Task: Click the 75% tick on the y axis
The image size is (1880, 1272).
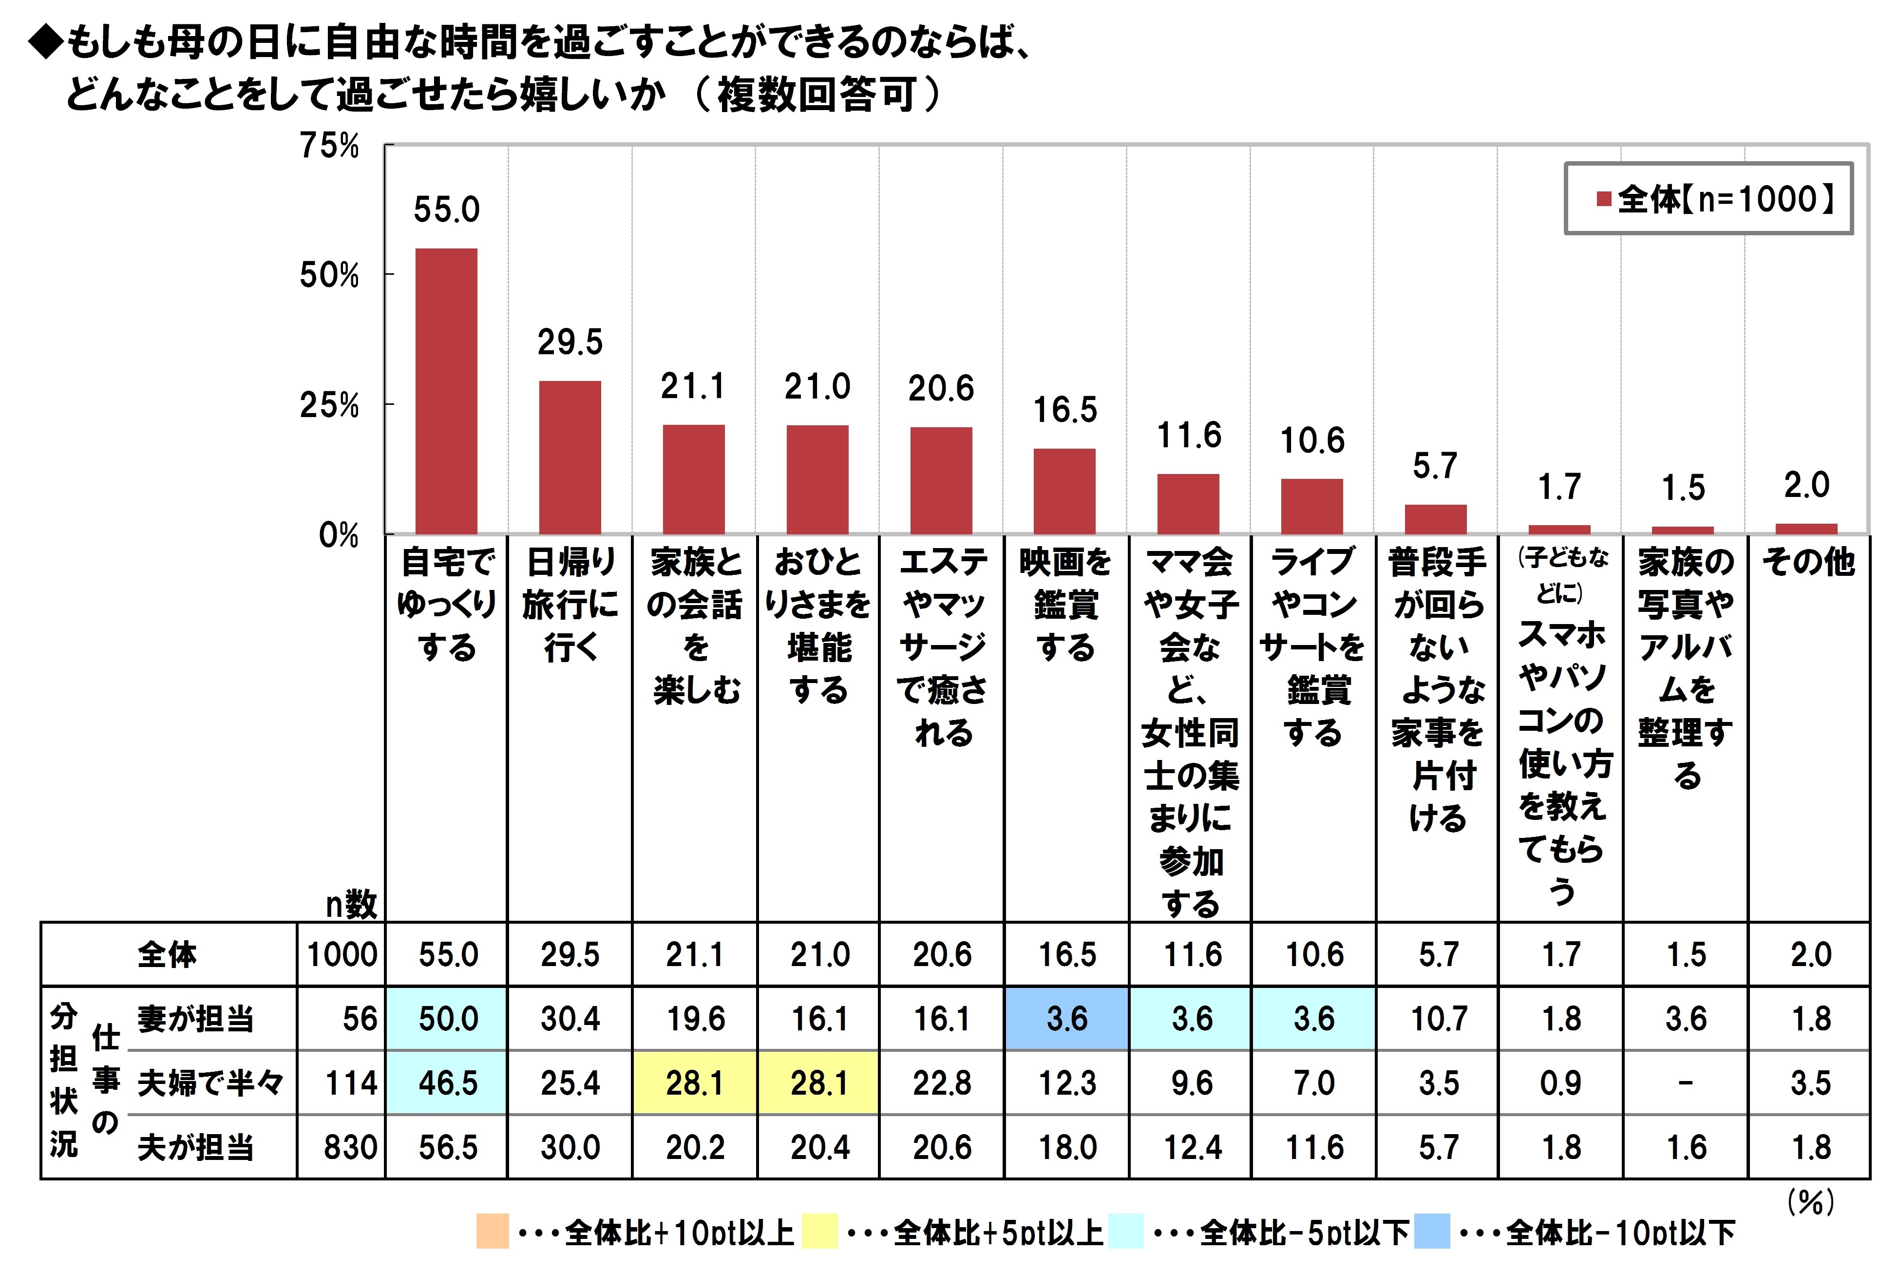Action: pos(329,147)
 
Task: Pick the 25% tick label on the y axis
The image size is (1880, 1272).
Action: pos(329,405)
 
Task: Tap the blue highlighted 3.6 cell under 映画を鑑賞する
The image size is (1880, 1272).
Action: pos(1066,1019)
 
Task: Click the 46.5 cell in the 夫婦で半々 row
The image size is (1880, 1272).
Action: pos(447,1082)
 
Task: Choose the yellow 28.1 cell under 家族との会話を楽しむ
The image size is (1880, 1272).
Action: pos(694,1082)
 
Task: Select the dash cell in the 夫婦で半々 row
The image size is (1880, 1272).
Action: pos(1685,1082)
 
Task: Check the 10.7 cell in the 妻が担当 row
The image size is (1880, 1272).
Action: pos(1438,1019)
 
